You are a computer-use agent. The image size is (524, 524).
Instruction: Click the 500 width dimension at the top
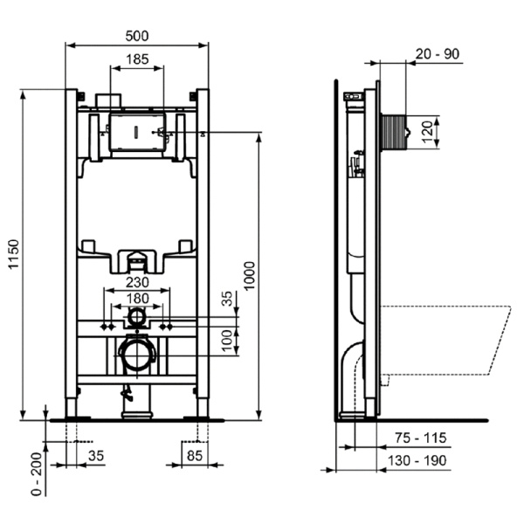coord(137,36)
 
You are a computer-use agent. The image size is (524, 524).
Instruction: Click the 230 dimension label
coord(136,282)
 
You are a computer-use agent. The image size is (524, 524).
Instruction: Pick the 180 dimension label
coord(136,299)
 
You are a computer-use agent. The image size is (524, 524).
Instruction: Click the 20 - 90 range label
coord(438,54)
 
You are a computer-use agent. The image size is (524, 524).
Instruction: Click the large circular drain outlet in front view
coord(136,355)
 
